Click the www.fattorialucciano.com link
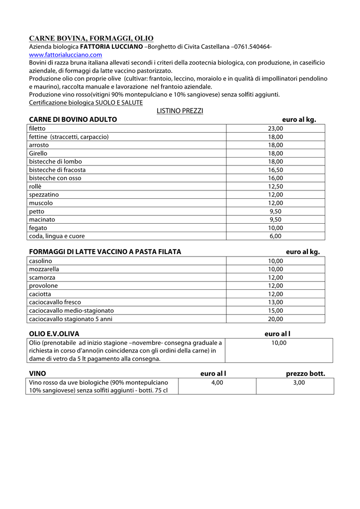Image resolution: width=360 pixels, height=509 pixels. (66, 55)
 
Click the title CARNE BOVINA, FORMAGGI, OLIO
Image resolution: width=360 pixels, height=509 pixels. (91, 38)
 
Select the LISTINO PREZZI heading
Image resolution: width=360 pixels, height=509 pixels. (180, 111)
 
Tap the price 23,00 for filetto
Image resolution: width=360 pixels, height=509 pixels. (275, 128)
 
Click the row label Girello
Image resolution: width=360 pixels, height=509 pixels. (38, 153)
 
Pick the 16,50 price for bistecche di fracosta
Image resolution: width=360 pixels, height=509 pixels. (275, 170)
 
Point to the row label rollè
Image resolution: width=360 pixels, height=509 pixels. (35, 186)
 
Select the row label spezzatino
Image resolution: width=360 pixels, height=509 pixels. (44, 195)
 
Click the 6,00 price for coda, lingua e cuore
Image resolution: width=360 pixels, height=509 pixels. (275, 236)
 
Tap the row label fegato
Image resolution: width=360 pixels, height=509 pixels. (38, 228)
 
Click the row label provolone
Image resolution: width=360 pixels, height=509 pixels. (43, 286)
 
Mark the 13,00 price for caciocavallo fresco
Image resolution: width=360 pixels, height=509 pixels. (275, 302)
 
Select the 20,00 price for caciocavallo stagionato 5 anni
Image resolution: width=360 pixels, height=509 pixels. (275, 319)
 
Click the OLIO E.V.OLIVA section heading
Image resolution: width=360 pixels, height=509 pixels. (54, 334)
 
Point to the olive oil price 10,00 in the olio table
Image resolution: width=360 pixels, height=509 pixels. (278, 342)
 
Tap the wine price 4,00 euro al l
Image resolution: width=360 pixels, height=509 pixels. (217, 382)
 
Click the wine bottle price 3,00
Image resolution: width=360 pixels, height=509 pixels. (299, 382)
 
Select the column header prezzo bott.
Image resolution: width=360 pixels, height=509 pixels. (305, 374)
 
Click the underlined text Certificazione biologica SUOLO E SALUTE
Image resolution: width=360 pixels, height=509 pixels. (86, 102)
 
